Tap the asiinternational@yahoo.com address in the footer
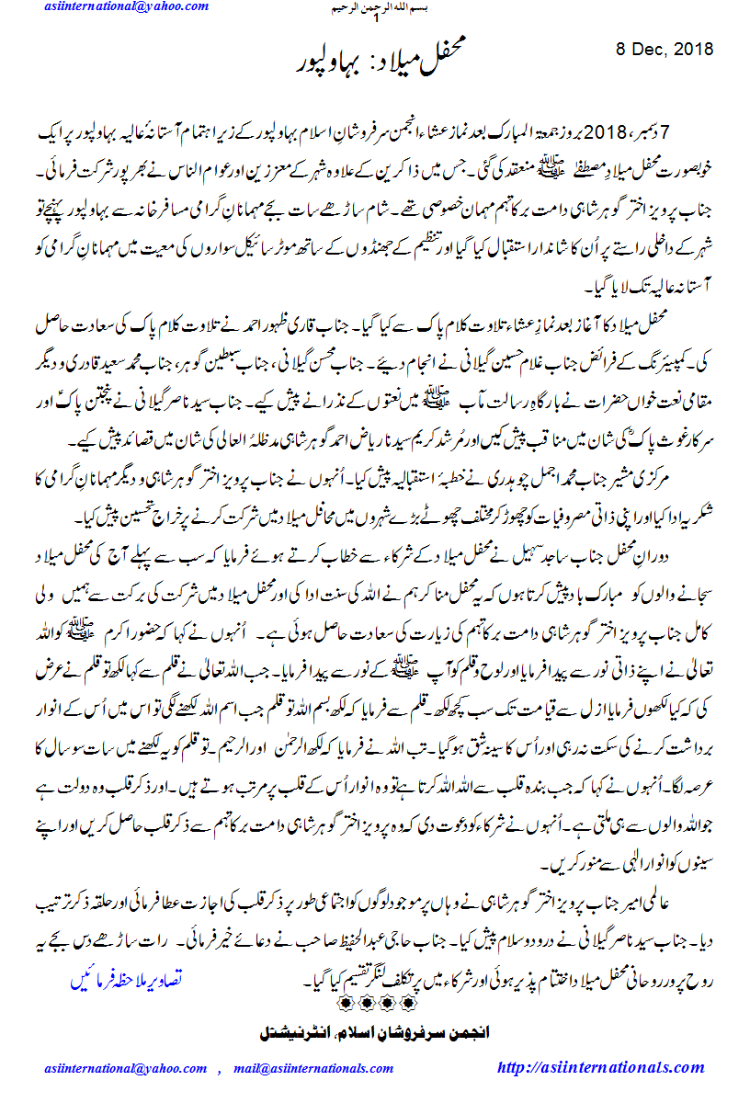coord(126,1068)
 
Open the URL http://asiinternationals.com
coord(600,1068)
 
